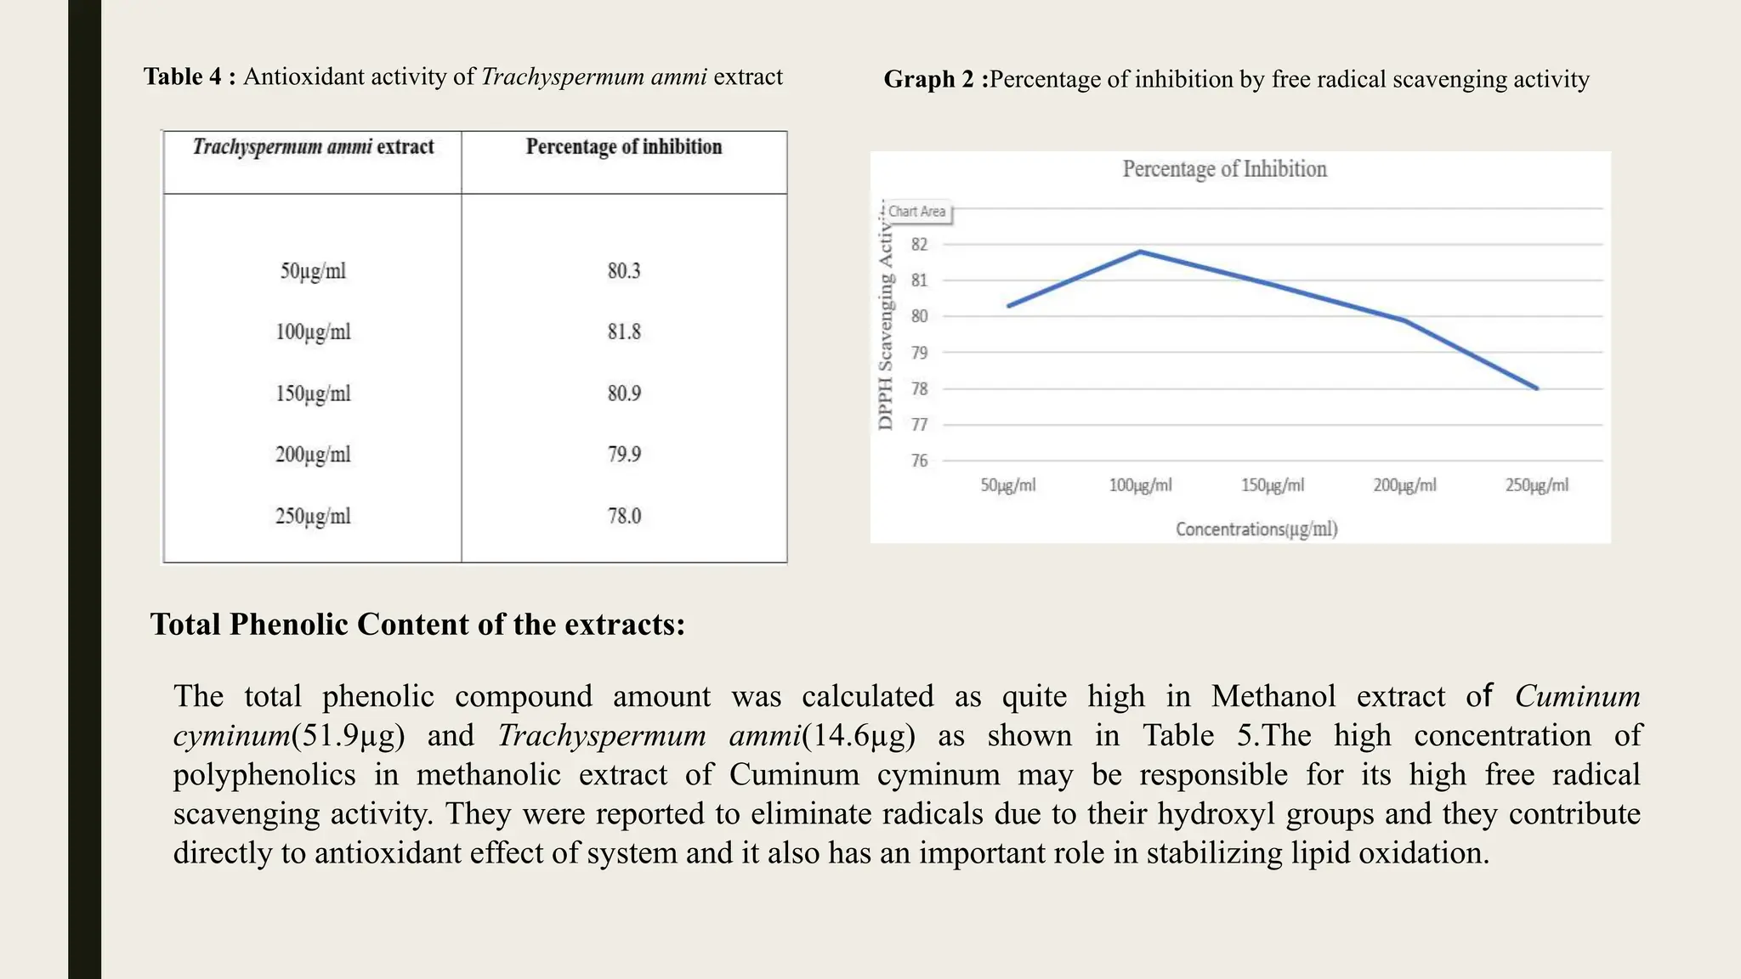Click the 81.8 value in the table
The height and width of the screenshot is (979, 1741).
pyautogui.click(x=624, y=331)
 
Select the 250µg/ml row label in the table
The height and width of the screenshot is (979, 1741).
pyautogui.click(x=313, y=516)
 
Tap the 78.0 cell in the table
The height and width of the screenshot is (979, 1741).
pyautogui.click(x=624, y=516)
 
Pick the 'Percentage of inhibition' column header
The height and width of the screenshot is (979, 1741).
pyautogui.click(x=624, y=147)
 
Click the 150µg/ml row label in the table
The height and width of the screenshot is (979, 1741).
pyautogui.click(x=313, y=393)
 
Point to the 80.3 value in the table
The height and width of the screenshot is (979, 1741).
pyautogui.click(x=624, y=271)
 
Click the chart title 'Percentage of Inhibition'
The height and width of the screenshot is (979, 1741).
pyautogui.click(x=1224, y=169)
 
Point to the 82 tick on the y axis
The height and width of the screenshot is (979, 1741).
pyautogui.click(x=919, y=245)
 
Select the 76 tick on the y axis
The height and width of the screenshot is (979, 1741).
pyautogui.click(x=919, y=461)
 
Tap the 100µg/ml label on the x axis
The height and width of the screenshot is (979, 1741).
pyautogui.click(x=1140, y=485)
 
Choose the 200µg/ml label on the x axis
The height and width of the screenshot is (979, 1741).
pyautogui.click(x=1404, y=485)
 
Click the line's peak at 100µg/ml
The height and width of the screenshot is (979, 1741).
pyautogui.click(x=1140, y=252)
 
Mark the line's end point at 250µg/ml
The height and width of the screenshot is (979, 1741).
pyautogui.click(x=1536, y=388)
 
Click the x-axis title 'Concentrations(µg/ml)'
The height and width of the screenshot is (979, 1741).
pyautogui.click(x=1256, y=529)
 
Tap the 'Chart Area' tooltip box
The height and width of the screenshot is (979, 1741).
pyautogui.click(x=917, y=212)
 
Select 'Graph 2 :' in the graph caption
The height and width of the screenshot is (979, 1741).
pyautogui.click(x=936, y=79)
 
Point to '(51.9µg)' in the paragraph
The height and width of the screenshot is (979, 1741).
pyautogui.click(x=348, y=736)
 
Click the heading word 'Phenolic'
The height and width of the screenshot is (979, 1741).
pyautogui.click(x=288, y=625)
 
